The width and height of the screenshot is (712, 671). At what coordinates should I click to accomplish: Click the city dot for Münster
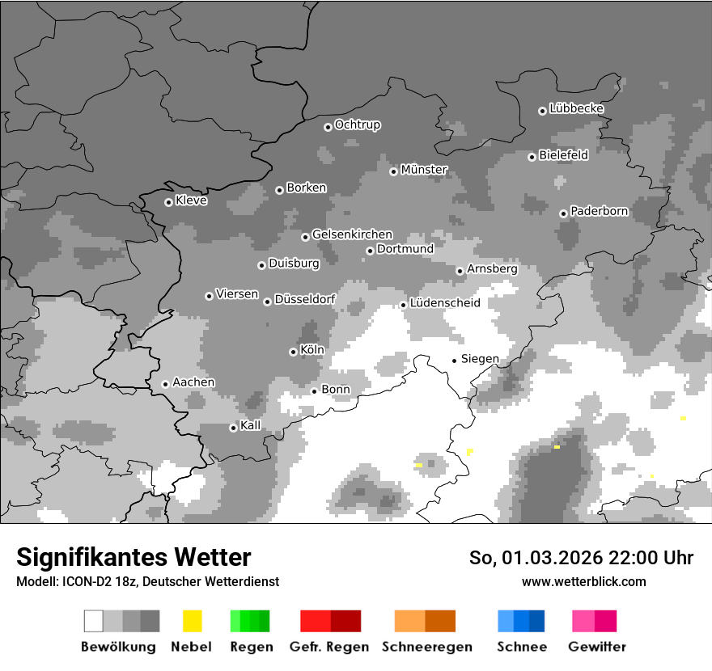(x=393, y=171)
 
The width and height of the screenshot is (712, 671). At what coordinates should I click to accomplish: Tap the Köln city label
(x=311, y=350)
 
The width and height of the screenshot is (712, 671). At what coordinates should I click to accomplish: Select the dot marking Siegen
(x=454, y=360)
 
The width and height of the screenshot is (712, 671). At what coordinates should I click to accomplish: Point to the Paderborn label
(x=599, y=211)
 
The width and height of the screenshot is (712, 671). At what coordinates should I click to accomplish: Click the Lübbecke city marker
(x=542, y=111)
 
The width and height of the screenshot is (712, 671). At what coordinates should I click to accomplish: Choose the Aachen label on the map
(x=193, y=382)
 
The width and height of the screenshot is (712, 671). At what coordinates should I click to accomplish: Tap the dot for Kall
(x=233, y=428)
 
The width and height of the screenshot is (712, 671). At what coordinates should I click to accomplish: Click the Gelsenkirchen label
(x=352, y=234)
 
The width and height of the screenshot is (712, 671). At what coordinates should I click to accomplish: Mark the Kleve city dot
(x=168, y=202)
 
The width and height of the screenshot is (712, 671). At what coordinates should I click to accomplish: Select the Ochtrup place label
(x=357, y=124)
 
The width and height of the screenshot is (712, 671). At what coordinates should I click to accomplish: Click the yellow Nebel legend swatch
(x=192, y=621)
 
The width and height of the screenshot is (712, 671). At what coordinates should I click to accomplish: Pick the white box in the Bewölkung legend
(x=94, y=621)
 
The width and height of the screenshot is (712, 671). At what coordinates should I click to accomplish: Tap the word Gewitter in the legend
(x=596, y=647)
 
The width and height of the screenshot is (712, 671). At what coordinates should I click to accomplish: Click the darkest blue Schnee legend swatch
(x=536, y=621)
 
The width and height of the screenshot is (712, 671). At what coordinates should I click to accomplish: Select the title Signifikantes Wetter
(x=133, y=557)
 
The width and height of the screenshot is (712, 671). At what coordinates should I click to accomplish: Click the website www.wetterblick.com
(x=583, y=581)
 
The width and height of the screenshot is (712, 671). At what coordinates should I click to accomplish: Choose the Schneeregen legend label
(x=426, y=647)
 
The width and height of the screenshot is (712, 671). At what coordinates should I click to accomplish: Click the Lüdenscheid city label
(x=445, y=303)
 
